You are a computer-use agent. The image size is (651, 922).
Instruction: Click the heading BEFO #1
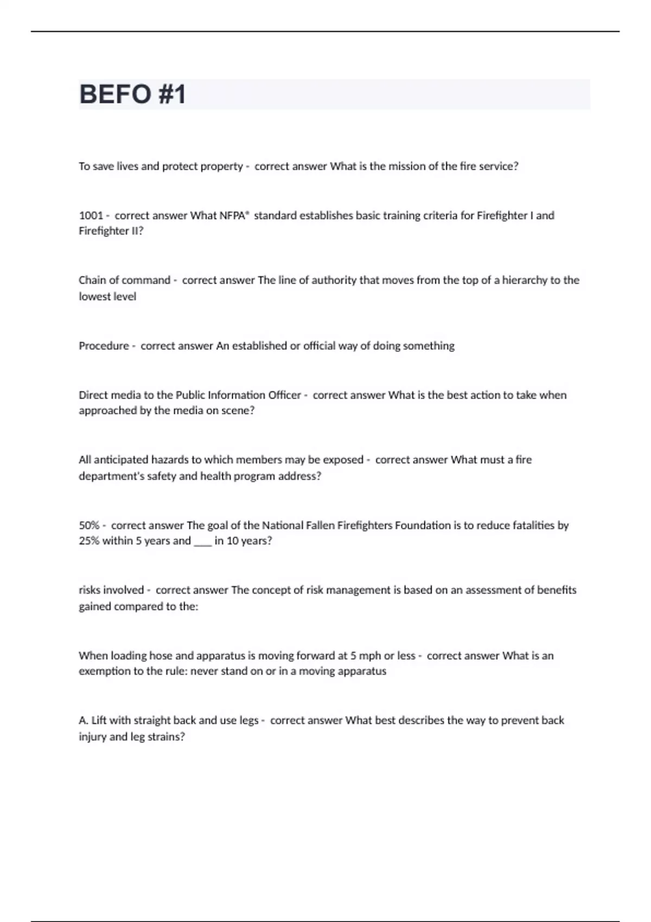(132, 94)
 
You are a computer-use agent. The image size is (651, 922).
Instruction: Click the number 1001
(91, 215)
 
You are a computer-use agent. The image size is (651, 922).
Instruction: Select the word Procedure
(104, 345)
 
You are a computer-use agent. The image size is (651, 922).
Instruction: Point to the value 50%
(89, 525)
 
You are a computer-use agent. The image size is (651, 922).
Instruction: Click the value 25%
(89, 541)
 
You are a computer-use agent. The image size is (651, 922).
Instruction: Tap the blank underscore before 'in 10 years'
(202, 542)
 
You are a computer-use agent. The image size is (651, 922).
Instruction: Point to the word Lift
(99, 720)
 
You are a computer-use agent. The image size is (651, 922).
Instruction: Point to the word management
(363, 590)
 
